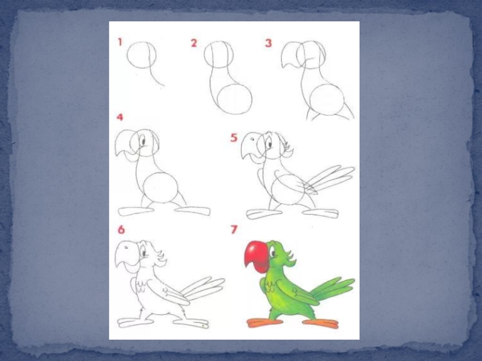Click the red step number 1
point(120,42)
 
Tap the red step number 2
point(193,43)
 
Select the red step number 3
point(268,43)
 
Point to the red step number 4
point(120,117)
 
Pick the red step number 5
point(234,138)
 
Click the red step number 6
point(121,230)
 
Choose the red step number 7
point(234,229)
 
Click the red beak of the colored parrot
point(257,257)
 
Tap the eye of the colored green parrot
point(272,253)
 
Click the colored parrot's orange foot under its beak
point(264,322)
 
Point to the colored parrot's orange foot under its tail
point(321,323)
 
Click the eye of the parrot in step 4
point(143,141)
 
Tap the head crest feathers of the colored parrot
point(289,258)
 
